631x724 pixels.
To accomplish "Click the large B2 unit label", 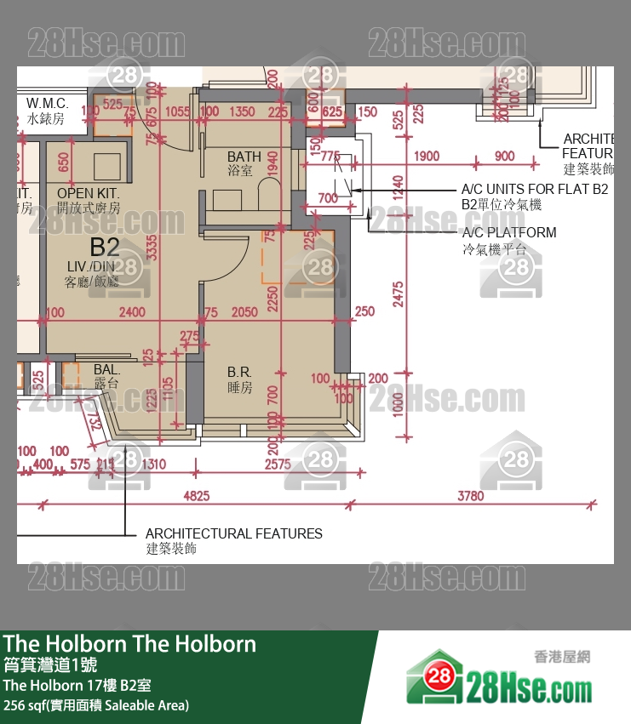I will [x=104, y=248].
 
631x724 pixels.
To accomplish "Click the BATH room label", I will [x=244, y=157].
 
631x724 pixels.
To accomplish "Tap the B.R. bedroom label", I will [x=238, y=372].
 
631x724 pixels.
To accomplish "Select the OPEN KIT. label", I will [x=89, y=193].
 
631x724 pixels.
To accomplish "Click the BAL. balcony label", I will [x=106, y=370].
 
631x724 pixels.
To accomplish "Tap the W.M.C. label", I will [x=47, y=104].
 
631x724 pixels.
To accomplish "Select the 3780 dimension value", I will [x=470, y=496].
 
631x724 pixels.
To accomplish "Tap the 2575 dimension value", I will [x=278, y=465].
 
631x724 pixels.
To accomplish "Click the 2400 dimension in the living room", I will [x=131, y=312].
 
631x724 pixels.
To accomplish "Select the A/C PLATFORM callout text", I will [x=509, y=232].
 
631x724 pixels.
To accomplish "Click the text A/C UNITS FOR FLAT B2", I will [x=534, y=189].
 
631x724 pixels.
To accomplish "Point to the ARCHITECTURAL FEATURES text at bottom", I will [x=233, y=533].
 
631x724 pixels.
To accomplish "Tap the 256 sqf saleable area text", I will [x=96, y=704].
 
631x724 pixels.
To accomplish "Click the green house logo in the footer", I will [x=435, y=677].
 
